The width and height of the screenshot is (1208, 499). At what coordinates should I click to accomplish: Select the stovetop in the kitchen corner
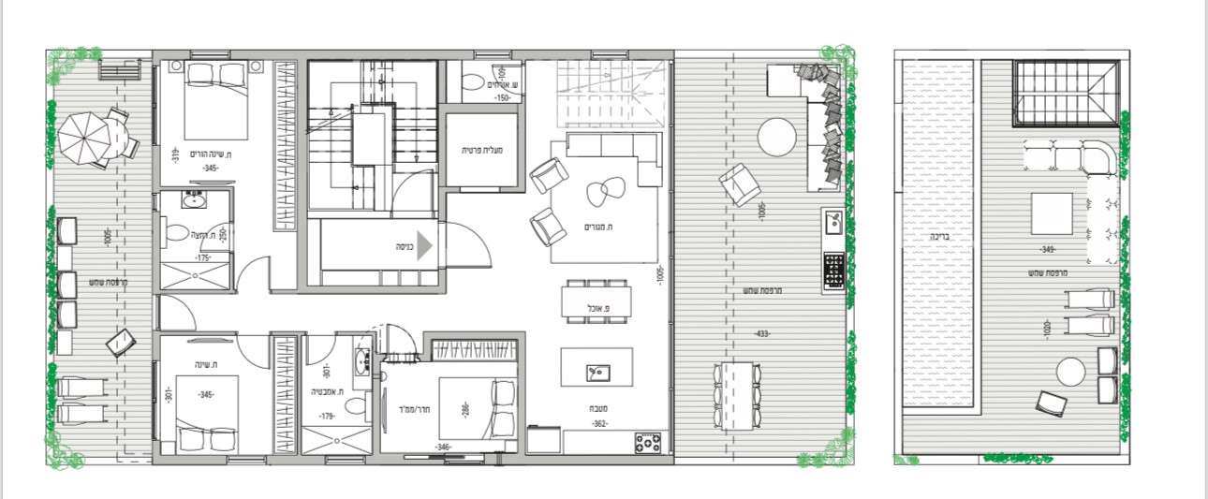[x=647, y=442]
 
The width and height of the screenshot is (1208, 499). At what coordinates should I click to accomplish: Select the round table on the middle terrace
[x=776, y=139]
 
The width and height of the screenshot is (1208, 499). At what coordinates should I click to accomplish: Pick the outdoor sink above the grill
[x=833, y=224]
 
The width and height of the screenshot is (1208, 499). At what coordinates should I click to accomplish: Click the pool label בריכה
[x=940, y=238]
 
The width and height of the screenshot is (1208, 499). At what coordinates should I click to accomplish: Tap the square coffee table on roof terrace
[x=1052, y=213]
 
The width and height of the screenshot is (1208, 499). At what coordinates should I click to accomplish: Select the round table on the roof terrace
[x=1069, y=374]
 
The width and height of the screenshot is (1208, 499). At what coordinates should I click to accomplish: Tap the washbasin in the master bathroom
[x=195, y=199]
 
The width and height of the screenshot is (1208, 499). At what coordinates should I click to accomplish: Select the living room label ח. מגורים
[x=597, y=227]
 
